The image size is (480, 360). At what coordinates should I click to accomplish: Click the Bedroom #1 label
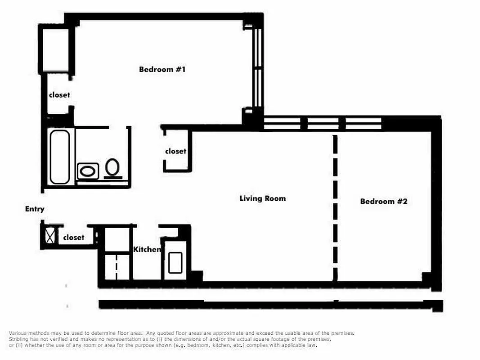[162, 69]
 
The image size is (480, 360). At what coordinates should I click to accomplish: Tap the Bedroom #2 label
[383, 201]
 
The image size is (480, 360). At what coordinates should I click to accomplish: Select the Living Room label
[262, 198]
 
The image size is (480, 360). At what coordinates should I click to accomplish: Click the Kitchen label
[147, 249]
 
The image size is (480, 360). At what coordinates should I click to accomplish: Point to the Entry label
[35, 209]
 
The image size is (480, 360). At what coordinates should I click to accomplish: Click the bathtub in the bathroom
[59, 157]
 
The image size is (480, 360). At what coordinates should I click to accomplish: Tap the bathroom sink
[88, 171]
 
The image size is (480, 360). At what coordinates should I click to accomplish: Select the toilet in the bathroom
[112, 167]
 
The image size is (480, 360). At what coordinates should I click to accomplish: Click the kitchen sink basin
[175, 263]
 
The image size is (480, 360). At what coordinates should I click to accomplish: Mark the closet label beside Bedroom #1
[59, 95]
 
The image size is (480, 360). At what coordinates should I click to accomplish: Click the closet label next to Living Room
[175, 151]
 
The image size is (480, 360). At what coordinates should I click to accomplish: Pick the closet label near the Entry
[74, 237]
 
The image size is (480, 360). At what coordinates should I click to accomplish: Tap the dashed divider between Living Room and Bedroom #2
[335, 207]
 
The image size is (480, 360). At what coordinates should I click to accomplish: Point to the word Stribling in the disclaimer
[19, 339]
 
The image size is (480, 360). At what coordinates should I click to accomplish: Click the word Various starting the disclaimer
[18, 333]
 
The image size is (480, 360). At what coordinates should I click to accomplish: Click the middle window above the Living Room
[323, 123]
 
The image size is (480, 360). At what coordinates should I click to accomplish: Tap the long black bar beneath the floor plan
[270, 305]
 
